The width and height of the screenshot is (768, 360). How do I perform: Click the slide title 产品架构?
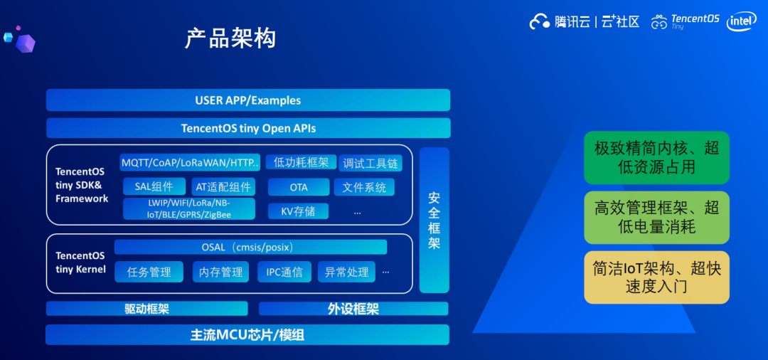[x=230, y=38]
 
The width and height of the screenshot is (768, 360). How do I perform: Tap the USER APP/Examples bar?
[x=248, y=100]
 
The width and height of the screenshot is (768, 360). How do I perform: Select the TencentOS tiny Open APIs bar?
[x=248, y=128]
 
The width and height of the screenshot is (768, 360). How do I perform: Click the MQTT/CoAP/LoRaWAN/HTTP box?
[x=190, y=163]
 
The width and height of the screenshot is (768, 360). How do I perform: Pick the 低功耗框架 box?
[x=302, y=162]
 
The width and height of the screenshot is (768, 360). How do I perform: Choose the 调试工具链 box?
[x=370, y=163]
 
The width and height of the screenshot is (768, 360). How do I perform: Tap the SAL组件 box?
[x=154, y=186]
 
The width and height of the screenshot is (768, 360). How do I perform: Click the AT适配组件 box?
[x=223, y=186]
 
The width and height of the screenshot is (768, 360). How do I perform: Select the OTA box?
[x=299, y=187]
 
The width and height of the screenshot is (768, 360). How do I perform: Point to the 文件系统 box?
[x=364, y=187]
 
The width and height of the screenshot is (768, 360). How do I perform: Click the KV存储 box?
[x=298, y=211]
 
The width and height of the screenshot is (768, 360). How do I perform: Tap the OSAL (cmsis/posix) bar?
[x=251, y=247]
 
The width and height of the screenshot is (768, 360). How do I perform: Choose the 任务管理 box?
[x=149, y=272]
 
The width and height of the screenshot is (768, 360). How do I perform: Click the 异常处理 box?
[x=347, y=272]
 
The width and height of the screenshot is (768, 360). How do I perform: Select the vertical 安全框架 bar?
[x=434, y=220]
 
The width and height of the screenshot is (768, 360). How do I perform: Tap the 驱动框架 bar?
[x=147, y=309]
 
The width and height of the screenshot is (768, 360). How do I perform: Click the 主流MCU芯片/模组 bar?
[x=247, y=335]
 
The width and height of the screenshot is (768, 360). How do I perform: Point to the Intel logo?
[x=742, y=21]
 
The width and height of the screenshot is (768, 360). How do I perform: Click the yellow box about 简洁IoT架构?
[x=657, y=277]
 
